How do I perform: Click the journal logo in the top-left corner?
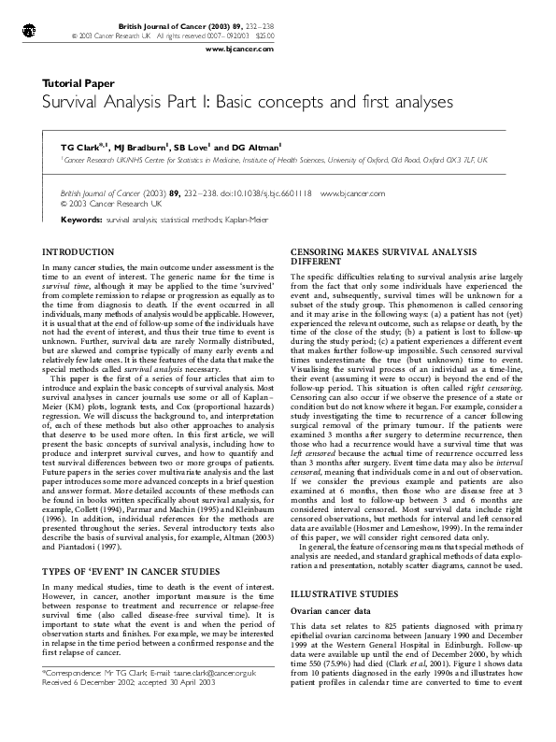click(29, 30)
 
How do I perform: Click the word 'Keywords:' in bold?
click(80, 220)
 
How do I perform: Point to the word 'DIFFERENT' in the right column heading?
click(318, 263)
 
